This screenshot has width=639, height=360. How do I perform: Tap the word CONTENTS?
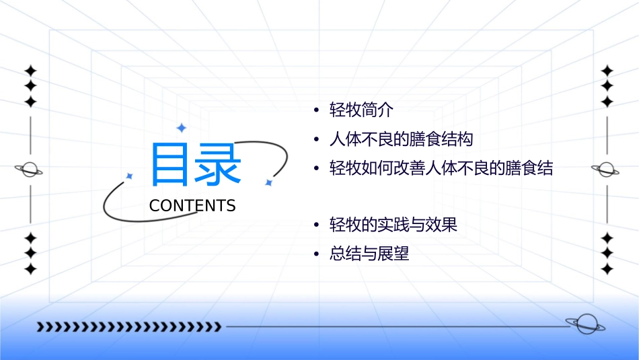pos(192,206)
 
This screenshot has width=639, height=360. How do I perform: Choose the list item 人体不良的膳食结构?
pos(402,139)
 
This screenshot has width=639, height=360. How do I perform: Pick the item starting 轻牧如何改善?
pos(441,168)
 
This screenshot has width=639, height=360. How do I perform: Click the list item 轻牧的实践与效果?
pos(393,225)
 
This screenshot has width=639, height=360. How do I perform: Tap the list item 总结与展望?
pos(369,254)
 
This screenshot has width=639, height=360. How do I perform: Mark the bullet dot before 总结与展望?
pos(315,255)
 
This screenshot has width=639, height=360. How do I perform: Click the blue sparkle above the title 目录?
pos(180,127)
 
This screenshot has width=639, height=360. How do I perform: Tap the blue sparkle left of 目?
pos(129,176)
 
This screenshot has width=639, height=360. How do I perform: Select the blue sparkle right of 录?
pos(268,182)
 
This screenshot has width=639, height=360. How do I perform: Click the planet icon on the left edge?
pos(30,170)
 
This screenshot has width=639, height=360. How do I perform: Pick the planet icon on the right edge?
pos(607,170)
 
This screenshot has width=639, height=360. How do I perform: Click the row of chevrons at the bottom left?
pos(128,327)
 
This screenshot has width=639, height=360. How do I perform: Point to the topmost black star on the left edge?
pos(30,71)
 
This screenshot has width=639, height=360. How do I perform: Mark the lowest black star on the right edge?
pos(607,269)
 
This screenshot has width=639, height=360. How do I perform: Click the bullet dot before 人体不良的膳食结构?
pos(315,140)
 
